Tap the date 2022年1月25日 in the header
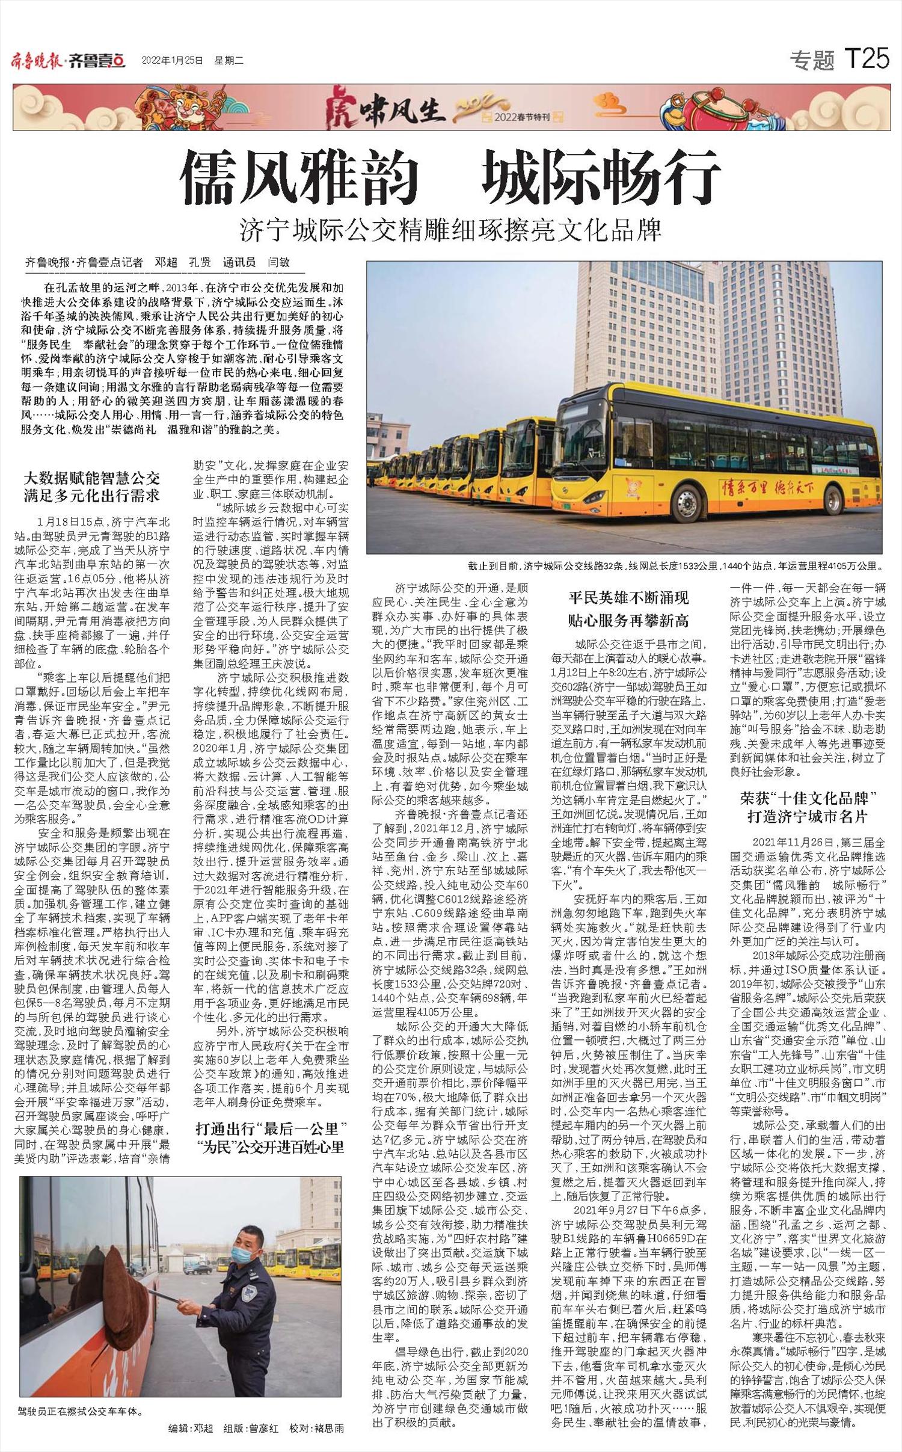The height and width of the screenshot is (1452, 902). [172, 60]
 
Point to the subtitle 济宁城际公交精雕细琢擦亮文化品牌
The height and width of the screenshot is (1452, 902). [450, 229]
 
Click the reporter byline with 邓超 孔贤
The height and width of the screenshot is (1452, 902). [158, 262]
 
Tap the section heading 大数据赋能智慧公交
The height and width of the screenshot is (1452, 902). [92, 479]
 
